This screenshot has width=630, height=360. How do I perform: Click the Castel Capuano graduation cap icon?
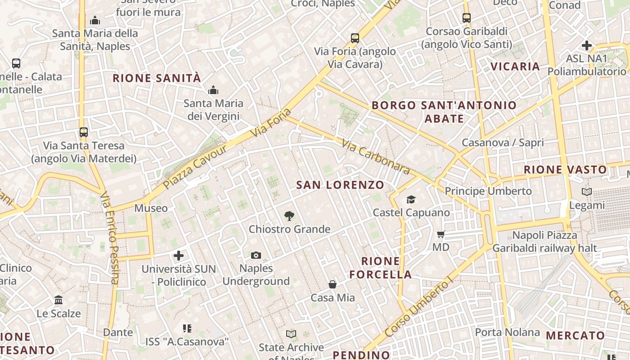tap(411, 199)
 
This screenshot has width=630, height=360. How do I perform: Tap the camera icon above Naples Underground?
tap(256, 255)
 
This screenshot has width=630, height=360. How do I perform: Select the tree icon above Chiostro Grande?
tap(289, 216)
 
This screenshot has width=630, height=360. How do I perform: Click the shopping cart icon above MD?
tap(441, 234)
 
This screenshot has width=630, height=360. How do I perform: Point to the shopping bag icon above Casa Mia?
tap(333, 284)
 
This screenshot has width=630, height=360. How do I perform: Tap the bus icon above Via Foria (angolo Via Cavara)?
tap(355, 38)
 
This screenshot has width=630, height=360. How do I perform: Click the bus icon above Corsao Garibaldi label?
tap(467, 18)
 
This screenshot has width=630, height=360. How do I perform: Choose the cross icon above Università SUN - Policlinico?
tap(179, 256)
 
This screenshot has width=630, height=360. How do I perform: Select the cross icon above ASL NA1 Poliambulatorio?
tap(586, 45)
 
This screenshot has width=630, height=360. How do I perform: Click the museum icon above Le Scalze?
tap(58, 300)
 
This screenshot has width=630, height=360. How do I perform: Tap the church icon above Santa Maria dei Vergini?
tap(213, 90)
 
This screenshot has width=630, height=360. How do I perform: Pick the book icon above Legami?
tap(587, 192)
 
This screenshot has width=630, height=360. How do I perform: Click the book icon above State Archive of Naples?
tap(291, 334)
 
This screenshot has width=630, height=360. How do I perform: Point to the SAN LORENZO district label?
tap(340, 185)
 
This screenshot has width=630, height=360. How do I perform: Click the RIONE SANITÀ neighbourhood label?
tap(156, 78)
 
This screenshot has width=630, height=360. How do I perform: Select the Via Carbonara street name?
tap(376, 157)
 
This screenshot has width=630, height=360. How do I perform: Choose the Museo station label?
tap(151, 208)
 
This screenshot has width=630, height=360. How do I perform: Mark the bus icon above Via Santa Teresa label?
tap(84, 132)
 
